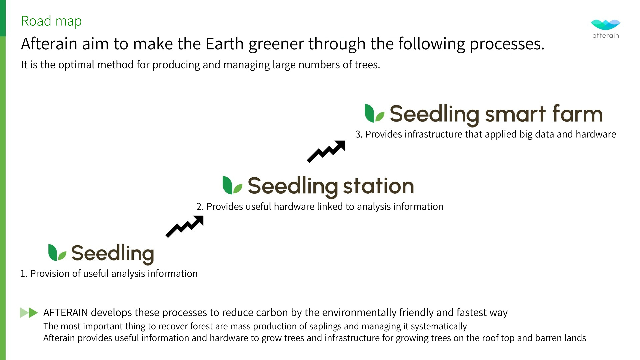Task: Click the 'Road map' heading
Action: [51, 21]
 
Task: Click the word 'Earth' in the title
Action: [225, 44]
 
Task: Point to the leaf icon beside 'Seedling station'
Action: [232, 185]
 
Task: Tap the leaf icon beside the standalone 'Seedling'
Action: [57, 252]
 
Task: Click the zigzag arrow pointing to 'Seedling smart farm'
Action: [326, 152]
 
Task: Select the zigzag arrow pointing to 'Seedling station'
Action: [184, 227]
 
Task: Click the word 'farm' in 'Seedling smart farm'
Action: [577, 114]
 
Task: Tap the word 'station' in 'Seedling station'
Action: [378, 186]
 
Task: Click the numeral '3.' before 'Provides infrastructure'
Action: [359, 134]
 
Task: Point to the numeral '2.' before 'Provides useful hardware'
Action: [200, 207]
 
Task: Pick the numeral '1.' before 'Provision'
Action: [24, 274]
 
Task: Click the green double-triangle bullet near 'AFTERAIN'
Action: [29, 313]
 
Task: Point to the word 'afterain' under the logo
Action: [606, 36]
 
